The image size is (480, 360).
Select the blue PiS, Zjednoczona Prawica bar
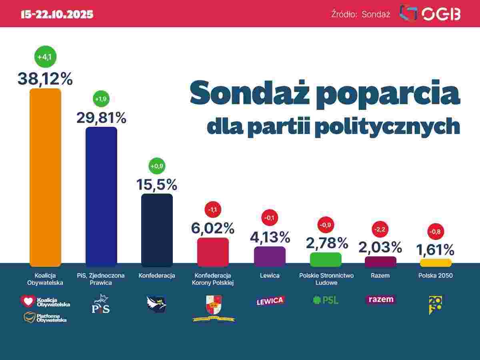101,196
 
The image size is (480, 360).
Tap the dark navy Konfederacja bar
157,230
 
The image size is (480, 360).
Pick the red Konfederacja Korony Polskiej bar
213,252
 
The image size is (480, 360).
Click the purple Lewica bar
270,256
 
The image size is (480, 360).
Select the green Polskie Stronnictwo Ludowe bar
326,260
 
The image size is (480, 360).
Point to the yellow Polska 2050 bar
436,263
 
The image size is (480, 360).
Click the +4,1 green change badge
45,57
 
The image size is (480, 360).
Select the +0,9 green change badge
156,166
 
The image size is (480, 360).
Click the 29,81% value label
101,118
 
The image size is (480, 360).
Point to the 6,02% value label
212,228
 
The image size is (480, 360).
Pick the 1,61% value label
435,250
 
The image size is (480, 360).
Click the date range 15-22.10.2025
57,14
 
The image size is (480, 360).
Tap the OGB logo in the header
430,14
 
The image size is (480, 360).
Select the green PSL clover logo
317,300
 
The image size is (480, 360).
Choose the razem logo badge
380,299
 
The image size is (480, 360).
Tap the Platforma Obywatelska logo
45,318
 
